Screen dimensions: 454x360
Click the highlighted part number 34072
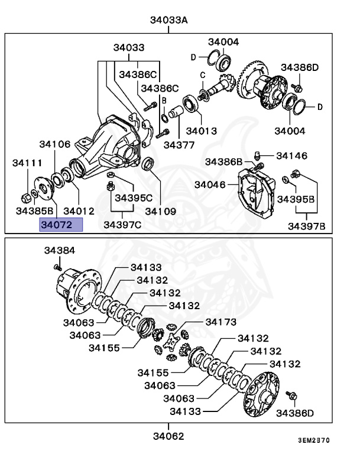point(61,225)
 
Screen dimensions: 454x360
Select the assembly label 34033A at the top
point(168,20)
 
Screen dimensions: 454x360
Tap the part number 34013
point(201,131)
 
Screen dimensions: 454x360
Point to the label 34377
point(179,144)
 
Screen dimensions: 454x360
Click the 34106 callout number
point(55,144)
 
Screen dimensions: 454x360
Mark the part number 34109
point(161,210)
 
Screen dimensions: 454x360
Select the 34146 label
point(291,156)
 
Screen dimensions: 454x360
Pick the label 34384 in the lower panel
point(59,251)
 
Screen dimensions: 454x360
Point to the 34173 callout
point(220,322)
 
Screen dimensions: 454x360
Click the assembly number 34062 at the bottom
point(168,436)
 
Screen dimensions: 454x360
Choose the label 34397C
point(122,225)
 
